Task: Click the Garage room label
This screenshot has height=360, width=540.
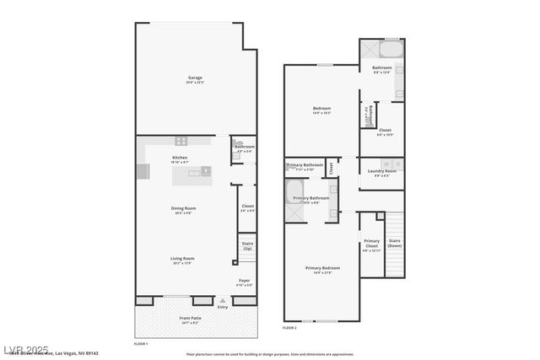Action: tap(195, 79)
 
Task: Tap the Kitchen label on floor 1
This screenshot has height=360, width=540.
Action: tap(180, 159)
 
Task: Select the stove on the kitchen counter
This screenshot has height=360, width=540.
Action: tap(181, 140)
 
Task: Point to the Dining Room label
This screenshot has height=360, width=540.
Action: tap(184, 209)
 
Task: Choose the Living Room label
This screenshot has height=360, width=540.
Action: tap(182, 260)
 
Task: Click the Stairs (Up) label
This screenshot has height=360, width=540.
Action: tap(247, 246)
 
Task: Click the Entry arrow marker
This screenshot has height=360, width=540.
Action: tap(223, 301)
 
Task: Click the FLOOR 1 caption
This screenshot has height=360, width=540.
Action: tap(141, 344)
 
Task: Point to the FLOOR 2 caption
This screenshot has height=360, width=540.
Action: tap(289, 327)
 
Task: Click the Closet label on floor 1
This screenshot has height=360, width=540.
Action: tap(247, 207)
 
